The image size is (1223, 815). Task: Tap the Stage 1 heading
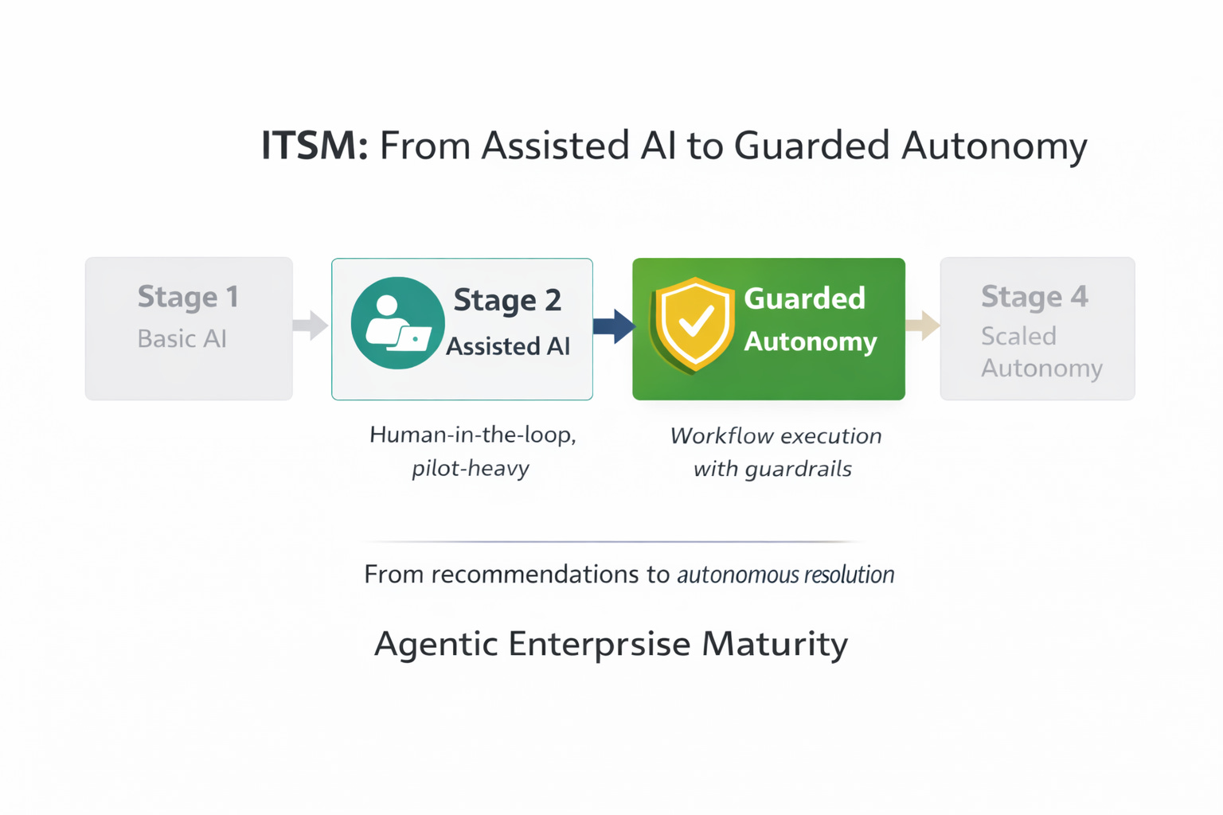coord(188,297)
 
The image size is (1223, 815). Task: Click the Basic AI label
coord(182,338)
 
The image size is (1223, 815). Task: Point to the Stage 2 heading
coord(507,300)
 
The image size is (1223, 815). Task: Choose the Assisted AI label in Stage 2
coord(508,346)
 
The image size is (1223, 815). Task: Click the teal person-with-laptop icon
coord(397,323)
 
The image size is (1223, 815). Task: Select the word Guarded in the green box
coord(804,298)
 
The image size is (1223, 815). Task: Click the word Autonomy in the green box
coord(811,341)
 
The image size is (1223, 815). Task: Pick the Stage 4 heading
coord(1034,297)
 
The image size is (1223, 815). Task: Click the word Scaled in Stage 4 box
coord(1018,336)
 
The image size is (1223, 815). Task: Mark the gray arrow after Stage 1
coord(311,325)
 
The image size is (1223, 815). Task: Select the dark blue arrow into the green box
coord(614,326)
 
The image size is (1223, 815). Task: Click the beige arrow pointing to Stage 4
coord(923,325)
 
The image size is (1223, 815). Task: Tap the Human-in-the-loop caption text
coord(473,435)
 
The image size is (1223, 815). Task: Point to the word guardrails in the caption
coord(799,469)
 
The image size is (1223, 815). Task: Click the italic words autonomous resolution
coord(785,575)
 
